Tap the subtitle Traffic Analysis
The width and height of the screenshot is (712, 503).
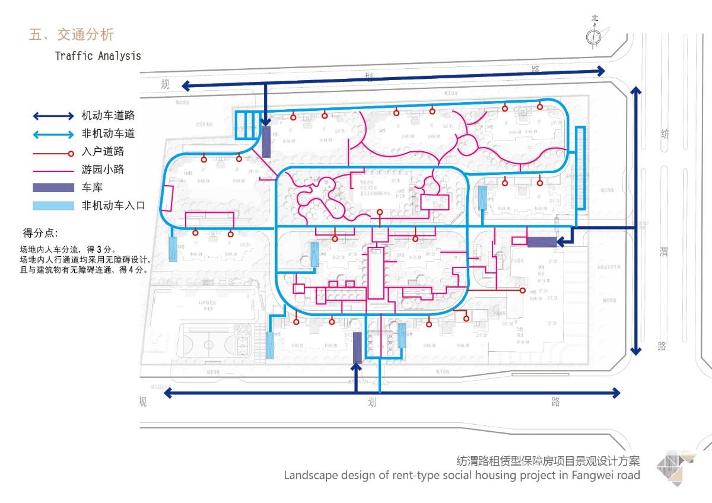tap(98, 56)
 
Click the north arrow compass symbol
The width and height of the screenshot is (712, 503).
tap(594, 37)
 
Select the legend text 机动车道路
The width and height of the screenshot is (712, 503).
tap(108, 116)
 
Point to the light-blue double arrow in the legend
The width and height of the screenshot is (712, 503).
tap(52, 134)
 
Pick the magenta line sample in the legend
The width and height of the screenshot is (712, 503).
tap(52, 170)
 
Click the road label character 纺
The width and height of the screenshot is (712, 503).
tap(665, 135)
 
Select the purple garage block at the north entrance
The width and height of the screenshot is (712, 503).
tap(266, 142)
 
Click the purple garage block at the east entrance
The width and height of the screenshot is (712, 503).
tap(542, 241)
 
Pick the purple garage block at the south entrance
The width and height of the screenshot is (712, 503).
tap(357, 348)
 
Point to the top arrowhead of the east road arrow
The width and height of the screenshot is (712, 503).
tap(635, 91)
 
